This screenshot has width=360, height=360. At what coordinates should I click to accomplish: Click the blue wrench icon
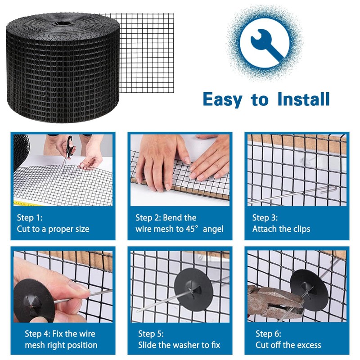click(x=267, y=45)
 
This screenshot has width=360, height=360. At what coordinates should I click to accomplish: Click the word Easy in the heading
click(x=222, y=99)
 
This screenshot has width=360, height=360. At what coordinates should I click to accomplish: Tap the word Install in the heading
click(x=303, y=99)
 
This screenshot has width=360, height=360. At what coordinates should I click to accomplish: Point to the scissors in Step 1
click(x=68, y=152)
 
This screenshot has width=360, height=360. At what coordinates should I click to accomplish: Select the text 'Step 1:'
click(x=30, y=218)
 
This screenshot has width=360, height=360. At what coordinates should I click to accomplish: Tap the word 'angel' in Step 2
click(x=213, y=229)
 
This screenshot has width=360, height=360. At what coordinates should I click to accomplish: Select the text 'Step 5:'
click(x=151, y=334)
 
